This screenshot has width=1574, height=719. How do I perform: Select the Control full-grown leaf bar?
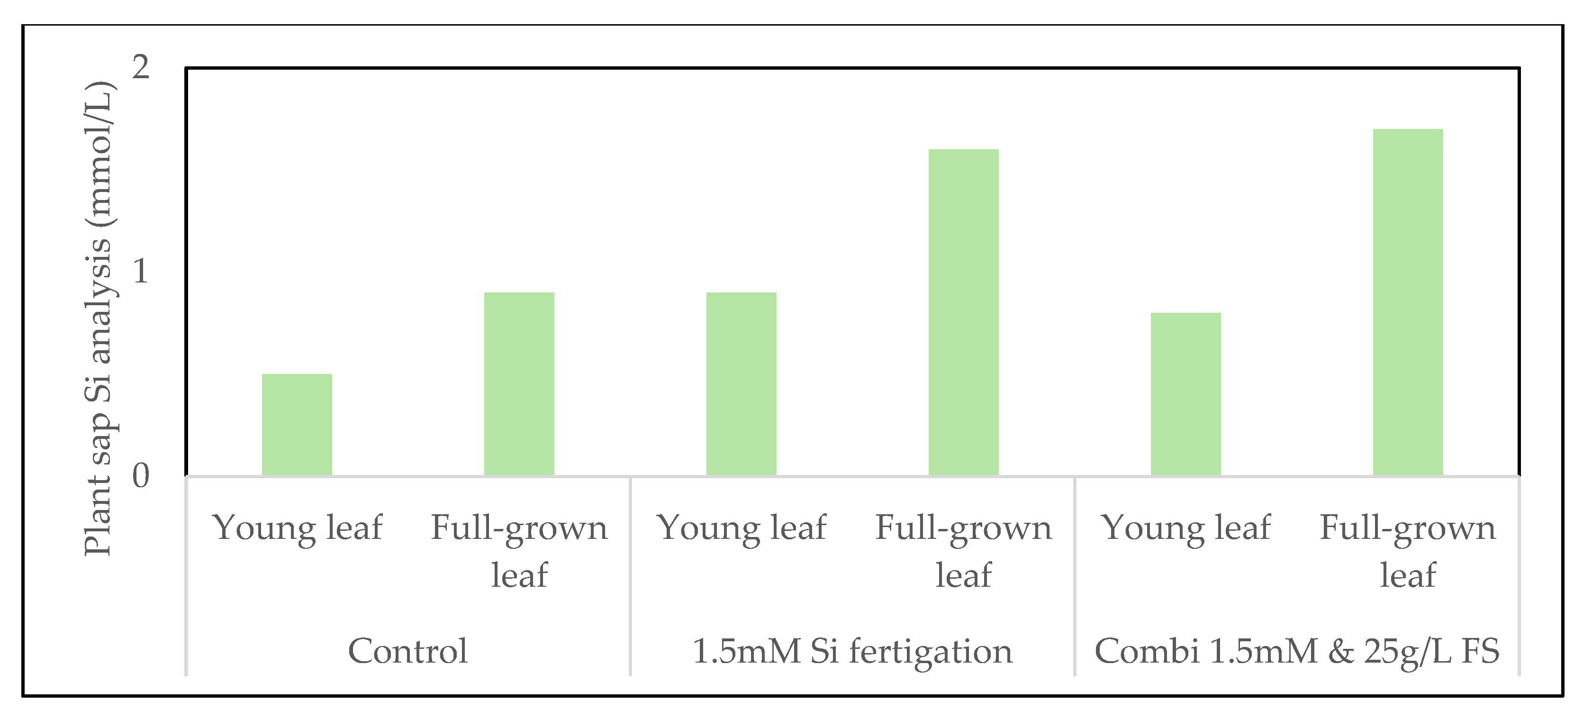[519, 384]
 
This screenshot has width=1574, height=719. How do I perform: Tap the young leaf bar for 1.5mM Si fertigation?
[741, 384]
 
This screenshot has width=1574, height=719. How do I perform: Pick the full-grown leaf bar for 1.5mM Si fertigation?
[964, 312]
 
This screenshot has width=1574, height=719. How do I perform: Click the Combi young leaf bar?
[1186, 394]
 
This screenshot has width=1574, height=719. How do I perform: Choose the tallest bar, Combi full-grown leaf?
[1408, 302]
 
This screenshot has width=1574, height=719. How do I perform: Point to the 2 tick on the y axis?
[141, 67]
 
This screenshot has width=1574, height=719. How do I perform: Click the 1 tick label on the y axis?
[141, 272]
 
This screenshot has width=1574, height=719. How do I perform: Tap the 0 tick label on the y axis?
[141, 476]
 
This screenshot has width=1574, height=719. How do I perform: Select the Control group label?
[407, 651]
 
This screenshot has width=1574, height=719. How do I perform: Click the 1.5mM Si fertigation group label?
[852, 652]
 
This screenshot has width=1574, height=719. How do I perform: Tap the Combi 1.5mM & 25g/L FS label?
[1297, 652]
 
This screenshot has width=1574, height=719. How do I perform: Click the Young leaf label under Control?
[297, 528]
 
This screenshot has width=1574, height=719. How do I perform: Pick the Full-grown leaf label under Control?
[519, 551]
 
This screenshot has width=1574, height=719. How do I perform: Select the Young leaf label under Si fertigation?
[741, 528]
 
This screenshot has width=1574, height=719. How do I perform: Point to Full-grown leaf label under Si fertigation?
[964, 551]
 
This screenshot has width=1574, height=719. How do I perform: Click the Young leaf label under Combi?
[1186, 528]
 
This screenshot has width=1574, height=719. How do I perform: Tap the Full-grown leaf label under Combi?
[1408, 551]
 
